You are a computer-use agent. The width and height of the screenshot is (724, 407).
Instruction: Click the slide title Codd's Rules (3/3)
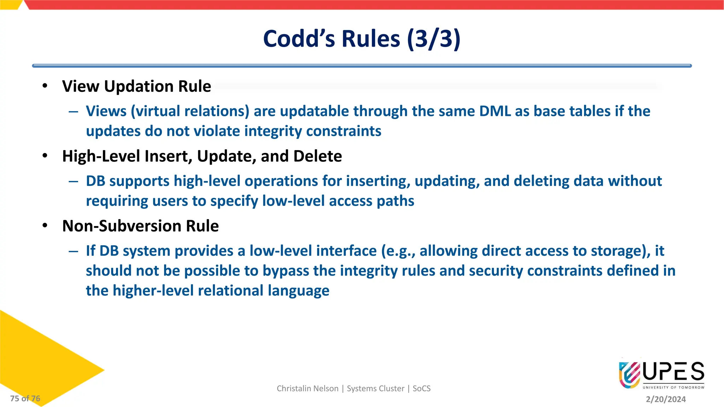[x=362, y=39]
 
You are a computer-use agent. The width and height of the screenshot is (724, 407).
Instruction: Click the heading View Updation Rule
[x=136, y=87]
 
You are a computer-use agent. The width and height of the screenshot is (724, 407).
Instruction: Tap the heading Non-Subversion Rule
[x=140, y=226]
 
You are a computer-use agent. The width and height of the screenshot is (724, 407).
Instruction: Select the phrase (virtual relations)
[x=190, y=111]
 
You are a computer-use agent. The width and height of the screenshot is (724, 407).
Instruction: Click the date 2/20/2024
[x=666, y=399]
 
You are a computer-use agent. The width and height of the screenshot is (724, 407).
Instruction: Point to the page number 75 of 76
[x=25, y=399]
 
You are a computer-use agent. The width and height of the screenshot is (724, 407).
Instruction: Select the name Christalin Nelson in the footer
[x=307, y=389]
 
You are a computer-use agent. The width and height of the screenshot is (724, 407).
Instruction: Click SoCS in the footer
[x=421, y=389]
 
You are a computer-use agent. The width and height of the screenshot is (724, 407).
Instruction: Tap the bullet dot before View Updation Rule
[x=45, y=86]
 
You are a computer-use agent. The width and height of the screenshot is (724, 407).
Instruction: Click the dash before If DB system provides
[x=74, y=251]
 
